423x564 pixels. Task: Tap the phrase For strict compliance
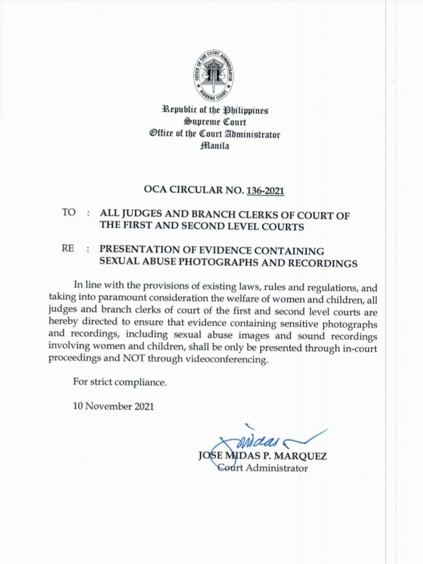(119, 382)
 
